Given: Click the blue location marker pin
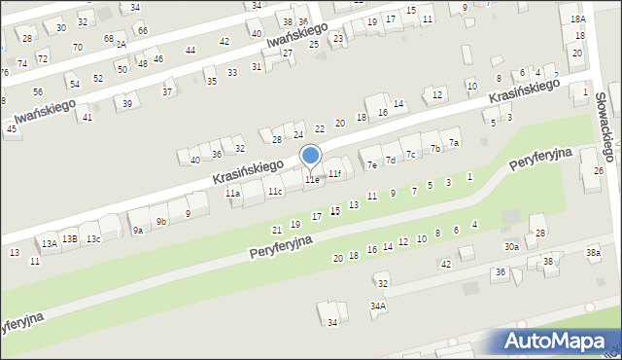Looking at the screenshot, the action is click(x=311, y=156).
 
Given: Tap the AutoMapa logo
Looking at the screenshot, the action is click(x=558, y=341).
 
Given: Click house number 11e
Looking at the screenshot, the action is click(x=312, y=180).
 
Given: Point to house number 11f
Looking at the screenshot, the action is click(x=334, y=173).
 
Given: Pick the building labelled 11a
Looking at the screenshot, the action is click(x=233, y=194).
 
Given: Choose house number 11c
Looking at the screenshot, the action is click(x=276, y=191).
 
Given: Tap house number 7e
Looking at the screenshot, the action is click(x=371, y=164).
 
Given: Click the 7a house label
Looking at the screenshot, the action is click(x=453, y=142).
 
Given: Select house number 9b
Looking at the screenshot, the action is click(x=162, y=222).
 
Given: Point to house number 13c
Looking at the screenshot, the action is click(x=93, y=238).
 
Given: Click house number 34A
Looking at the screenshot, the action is click(x=378, y=305).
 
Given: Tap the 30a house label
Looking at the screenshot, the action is click(x=511, y=247).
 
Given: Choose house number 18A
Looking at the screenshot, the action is click(x=578, y=19).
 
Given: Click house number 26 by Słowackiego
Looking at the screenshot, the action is click(x=598, y=171).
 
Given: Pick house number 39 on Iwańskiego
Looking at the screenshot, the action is click(x=127, y=103).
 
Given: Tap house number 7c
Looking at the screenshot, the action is click(x=410, y=154).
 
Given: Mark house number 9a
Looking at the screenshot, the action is click(x=138, y=230).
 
